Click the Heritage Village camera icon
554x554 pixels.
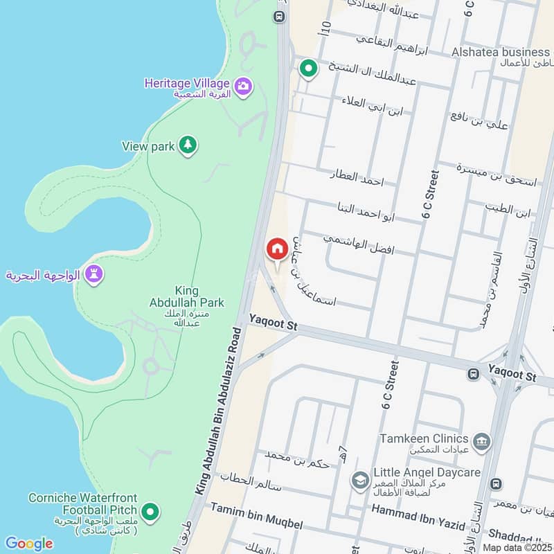pyautogui.click(x=243, y=87)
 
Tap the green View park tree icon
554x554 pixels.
pyautogui.click(x=187, y=145)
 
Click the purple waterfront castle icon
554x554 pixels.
pyautogui.click(x=95, y=274)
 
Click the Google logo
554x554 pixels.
pyautogui.click(x=28, y=544)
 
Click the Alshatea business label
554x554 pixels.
pyautogui.click(x=500, y=53)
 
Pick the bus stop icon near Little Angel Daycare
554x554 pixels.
pyautogui.click(x=495, y=483)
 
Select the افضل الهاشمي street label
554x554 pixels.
pyautogui.click(x=359, y=242)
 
